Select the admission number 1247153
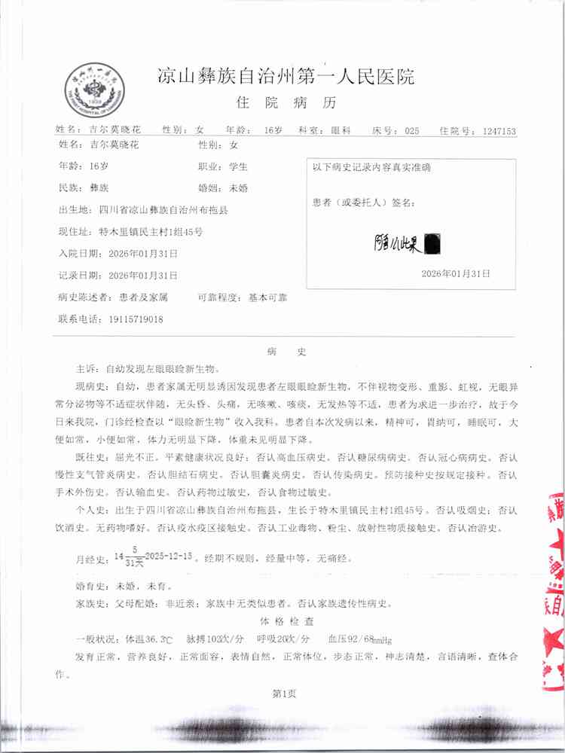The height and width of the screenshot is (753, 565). coord(499,131)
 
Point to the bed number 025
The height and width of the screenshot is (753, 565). coord(411,131)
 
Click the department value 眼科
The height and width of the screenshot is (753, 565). coord(341,130)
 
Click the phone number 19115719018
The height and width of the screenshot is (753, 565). coord(126,319)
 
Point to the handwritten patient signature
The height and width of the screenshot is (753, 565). coord(407,243)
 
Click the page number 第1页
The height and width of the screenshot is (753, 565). coord(284,694)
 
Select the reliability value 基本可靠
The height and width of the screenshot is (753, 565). coord(267,297)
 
